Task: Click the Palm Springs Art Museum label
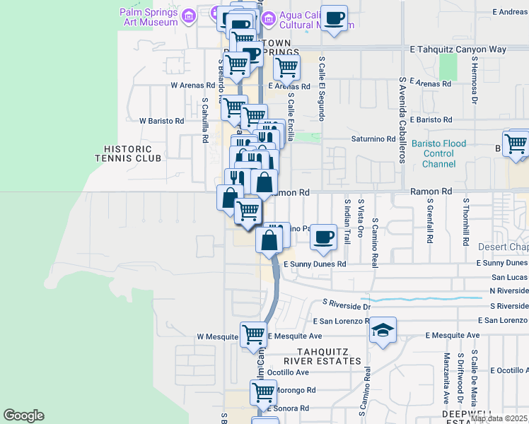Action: click(148, 17)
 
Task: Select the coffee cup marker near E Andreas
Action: click(334, 18)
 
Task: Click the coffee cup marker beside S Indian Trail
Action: click(324, 237)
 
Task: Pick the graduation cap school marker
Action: click(383, 330)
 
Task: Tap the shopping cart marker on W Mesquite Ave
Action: click(253, 335)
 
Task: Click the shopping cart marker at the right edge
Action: click(517, 143)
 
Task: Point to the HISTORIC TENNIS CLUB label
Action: click(127, 153)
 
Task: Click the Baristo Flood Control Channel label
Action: click(438, 153)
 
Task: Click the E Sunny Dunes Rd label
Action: click(315, 264)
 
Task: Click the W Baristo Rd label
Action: click(161, 121)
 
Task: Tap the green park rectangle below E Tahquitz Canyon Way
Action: click(448, 67)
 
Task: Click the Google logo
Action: click(23, 416)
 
